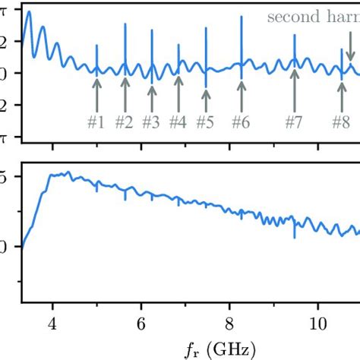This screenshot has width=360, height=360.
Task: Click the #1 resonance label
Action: click(x=96, y=122)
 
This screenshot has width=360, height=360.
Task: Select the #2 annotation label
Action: click(x=124, y=122)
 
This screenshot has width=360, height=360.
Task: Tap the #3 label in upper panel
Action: click(x=151, y=122)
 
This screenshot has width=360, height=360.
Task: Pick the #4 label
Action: click(x=178, y=122)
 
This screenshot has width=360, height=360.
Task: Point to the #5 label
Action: click(x=205, y=122)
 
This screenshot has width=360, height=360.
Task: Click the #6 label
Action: click(x=241, y=122)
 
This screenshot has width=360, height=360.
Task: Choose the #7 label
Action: click(x=294, y=122)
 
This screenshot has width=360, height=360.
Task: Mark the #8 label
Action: click(x=340, y=122)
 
